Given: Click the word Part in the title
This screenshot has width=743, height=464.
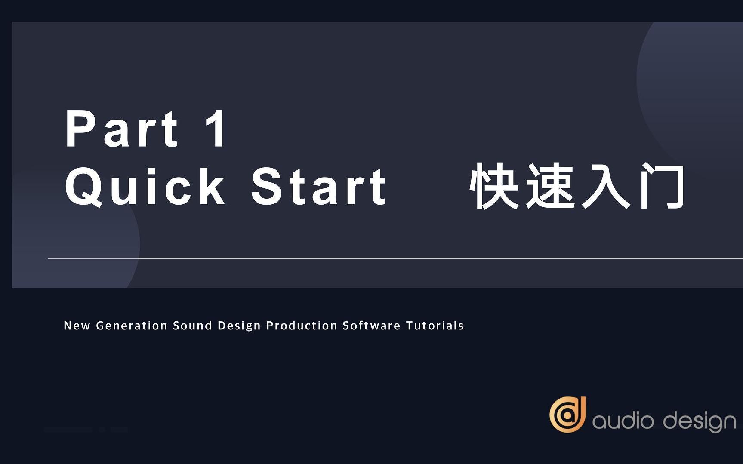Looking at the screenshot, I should [x=122, y=129].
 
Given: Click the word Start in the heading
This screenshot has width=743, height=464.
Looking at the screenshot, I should [x=319, y=187].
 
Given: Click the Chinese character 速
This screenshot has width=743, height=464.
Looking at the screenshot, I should [x=551, y=187].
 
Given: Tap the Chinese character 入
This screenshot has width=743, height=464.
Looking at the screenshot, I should [x=607, y=187].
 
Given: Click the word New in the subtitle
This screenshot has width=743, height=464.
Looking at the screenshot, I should [x=77, y=326].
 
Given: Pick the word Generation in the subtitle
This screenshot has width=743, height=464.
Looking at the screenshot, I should [x=132, y=326].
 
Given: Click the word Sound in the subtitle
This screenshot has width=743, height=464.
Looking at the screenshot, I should [x=192, y=326].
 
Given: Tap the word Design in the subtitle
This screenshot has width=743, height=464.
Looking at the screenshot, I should [x=239, y=326].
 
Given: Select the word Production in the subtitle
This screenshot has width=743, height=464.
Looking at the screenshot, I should [x=302, y=326].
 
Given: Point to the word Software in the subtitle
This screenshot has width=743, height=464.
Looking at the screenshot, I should [x=371, y=326].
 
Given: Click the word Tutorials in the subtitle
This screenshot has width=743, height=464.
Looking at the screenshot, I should [x=435, y=326].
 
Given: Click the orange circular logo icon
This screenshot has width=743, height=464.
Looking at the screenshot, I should [x=567, y=415].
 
